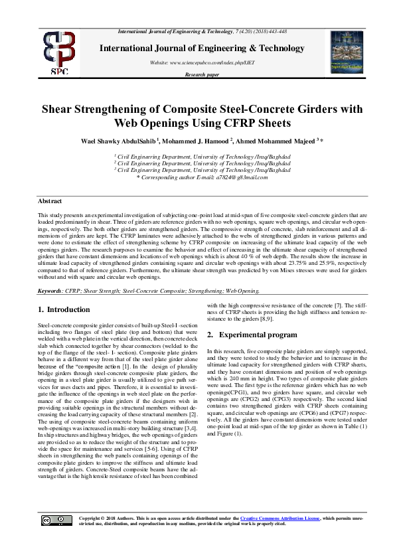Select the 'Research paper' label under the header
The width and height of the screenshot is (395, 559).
coord(202,76)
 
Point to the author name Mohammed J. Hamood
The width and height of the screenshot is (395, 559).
coord(197,141)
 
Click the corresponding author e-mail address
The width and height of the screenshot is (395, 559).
coord(230,177)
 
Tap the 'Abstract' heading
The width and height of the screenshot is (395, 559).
coord(50,201)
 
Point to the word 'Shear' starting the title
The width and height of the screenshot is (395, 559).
coord(58,110)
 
